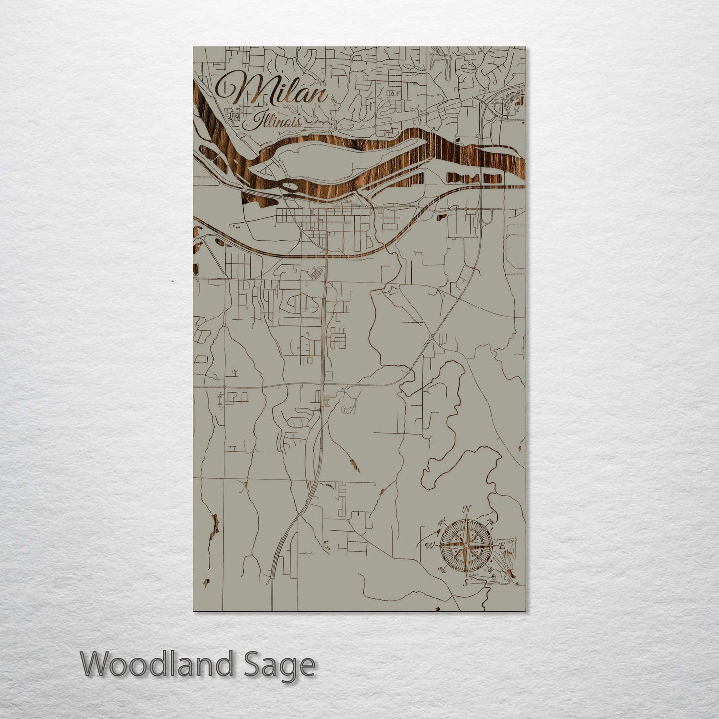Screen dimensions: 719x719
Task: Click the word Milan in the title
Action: [272, 90]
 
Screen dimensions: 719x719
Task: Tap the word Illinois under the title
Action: [276, 121]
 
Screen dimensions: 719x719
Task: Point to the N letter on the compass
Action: [466, 509]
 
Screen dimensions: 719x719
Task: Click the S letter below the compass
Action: [465, 583]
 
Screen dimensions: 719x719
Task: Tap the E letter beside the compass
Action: [502, 546]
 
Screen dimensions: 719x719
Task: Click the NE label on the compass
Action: [490, 523]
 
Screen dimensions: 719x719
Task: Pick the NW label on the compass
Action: [442, 523]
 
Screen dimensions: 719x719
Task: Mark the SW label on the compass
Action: [441, 570]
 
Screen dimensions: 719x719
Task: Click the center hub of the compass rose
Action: [466, 546]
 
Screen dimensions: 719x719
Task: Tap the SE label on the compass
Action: [490, 569]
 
